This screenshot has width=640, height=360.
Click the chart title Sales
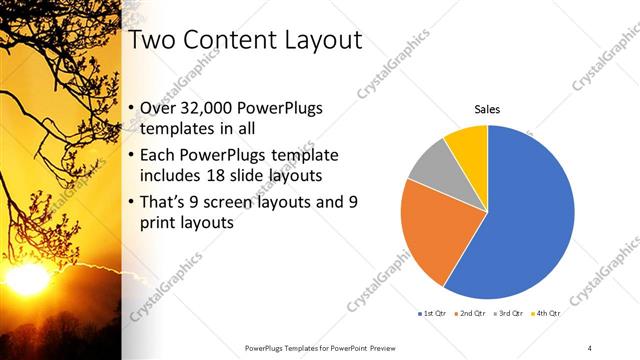coord(487,109)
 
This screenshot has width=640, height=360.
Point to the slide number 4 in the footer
coord(590,347)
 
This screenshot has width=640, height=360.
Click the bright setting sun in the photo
coord(27,277)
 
